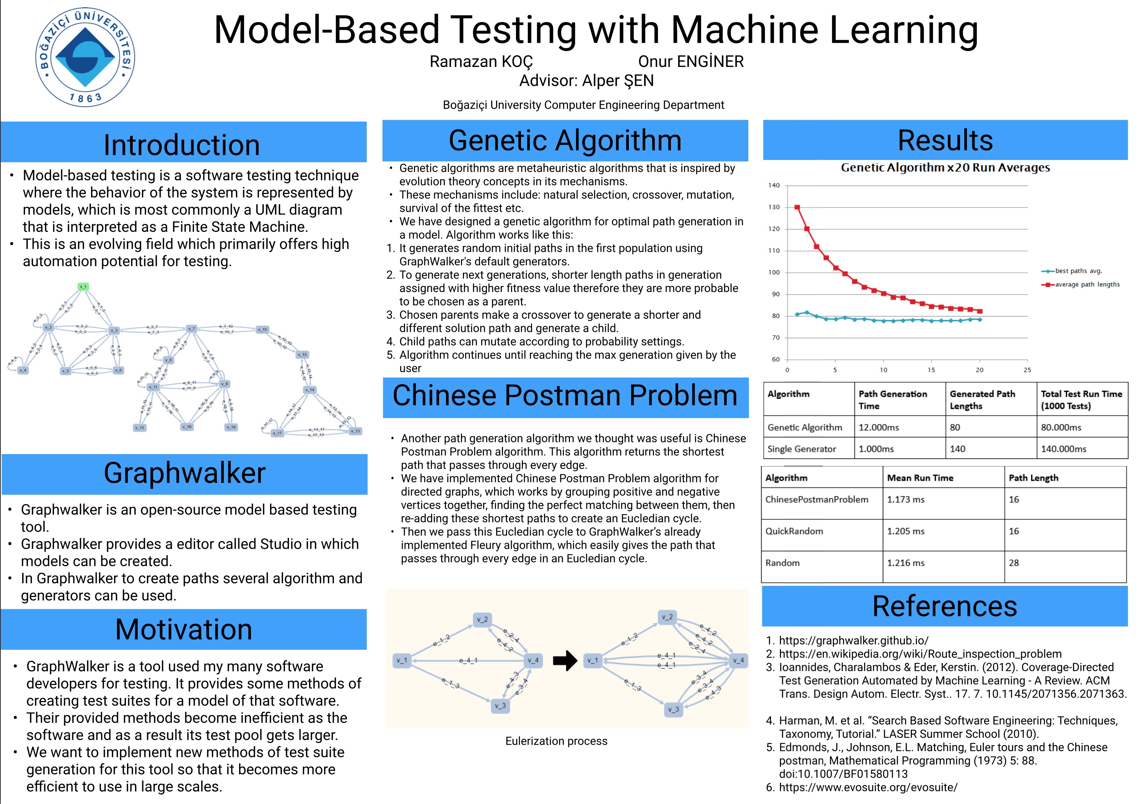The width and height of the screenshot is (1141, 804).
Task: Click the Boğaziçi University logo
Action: tap(85, 57)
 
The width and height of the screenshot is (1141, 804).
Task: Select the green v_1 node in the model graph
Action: tap(83, 287)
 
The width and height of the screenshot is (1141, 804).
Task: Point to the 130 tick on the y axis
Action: tap(774, 207)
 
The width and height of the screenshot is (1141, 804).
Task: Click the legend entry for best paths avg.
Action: tap(1078, 271)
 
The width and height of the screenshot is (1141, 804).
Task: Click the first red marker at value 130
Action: tap(797, 207)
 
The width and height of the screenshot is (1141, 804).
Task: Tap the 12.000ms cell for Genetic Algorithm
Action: tap(879, 427)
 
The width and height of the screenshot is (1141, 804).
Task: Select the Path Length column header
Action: tap(1033, 478)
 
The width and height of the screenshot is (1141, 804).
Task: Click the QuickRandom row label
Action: tap(794, 531)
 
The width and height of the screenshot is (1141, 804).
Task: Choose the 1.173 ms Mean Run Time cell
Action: tap(905, 499)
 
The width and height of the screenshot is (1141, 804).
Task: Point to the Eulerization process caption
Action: tap(556, 741)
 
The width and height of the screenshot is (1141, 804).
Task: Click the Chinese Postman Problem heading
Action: tap(565, 396)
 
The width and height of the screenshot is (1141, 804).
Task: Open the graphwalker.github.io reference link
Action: tap(853, 641)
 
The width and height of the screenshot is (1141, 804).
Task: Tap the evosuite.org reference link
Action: tap(868, 787)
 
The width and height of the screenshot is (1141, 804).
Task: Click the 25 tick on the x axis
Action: tap(1027, 370)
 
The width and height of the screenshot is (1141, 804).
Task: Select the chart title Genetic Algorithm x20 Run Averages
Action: tap(945, 168)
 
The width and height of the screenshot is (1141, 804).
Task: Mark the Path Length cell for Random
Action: tap(1014, 563)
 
